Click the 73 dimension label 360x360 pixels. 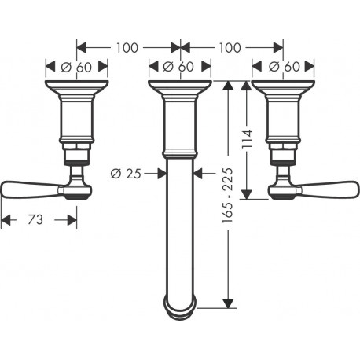tap(35, 219)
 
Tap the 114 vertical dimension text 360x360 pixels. tap(247, 138)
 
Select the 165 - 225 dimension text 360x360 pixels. tap(227, 196)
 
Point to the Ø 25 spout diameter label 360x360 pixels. tap(126, 174)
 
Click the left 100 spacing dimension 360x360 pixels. tap(127, 48)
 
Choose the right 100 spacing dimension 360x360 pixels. tap(230, 48)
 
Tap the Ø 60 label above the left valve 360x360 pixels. tap(76, 67)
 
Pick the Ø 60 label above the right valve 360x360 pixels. tap(285, 67)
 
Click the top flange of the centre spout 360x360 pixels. tap(180, 87)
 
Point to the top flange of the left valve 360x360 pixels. tap(76, 87)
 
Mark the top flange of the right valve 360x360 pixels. tap(283, 87)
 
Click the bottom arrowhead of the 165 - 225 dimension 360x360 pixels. tap(229, 303)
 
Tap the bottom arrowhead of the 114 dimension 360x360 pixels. tap(246, 194)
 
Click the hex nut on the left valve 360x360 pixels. tap(76, 146)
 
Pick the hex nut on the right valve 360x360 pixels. tap(283, 146)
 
